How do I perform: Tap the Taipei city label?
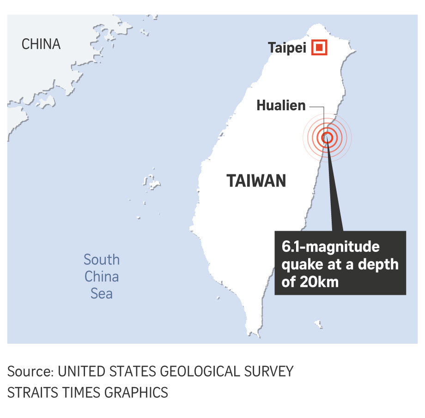point(287,48)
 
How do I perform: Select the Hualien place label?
point(281,106)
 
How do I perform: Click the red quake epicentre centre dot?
point(327,137)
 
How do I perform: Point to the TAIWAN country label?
point(256,181)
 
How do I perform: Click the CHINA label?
point(41,44)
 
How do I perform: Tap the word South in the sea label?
point(102,260)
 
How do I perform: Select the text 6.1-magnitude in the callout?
point(331,247)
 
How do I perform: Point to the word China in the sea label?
point(102,277)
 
